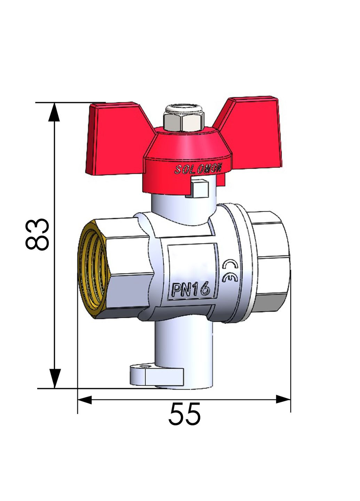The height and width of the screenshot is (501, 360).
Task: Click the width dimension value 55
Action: coord(185,414)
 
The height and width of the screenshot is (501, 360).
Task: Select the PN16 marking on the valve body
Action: coord(191,289)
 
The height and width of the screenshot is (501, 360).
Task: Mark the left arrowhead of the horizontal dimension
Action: coord(85,400)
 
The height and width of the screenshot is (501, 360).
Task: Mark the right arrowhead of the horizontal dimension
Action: coord(282,399)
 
